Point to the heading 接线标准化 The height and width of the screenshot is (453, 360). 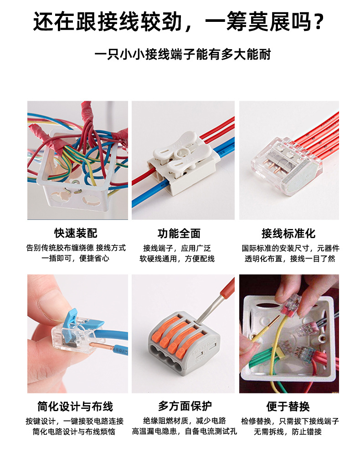tap(288, 234)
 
